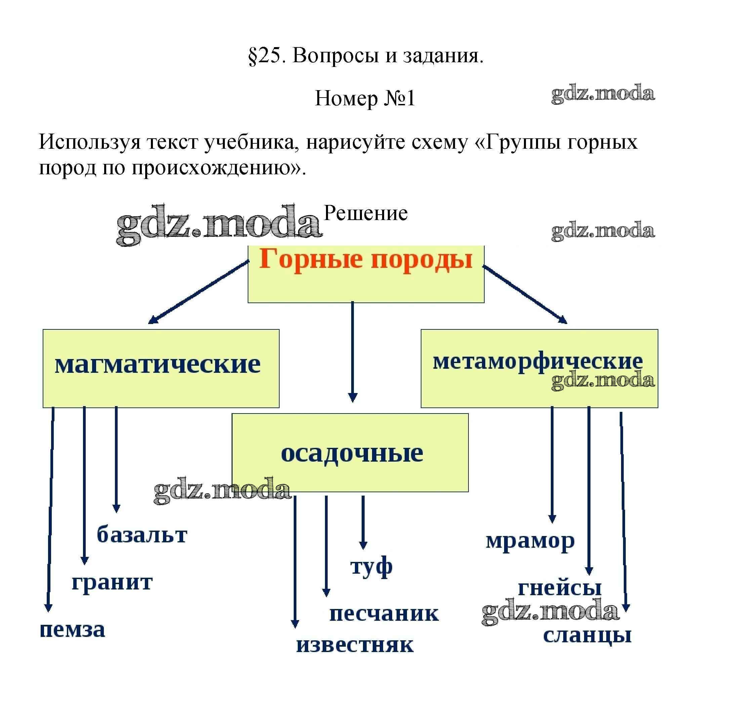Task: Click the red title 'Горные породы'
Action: (365, 259)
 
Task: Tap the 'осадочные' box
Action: (350, 452)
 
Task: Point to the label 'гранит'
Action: (112, 582)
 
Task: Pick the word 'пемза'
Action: (72, 630)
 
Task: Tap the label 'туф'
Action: (371, 567)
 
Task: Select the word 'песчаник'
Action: (384, 614)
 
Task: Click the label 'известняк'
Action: (355, 646)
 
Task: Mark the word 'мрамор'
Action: (530, 541)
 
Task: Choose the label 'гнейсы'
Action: (560, 588)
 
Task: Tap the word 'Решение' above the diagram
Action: (365, 213)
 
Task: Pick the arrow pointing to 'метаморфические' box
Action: (525, 294)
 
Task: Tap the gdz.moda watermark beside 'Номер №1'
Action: (603, 94)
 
